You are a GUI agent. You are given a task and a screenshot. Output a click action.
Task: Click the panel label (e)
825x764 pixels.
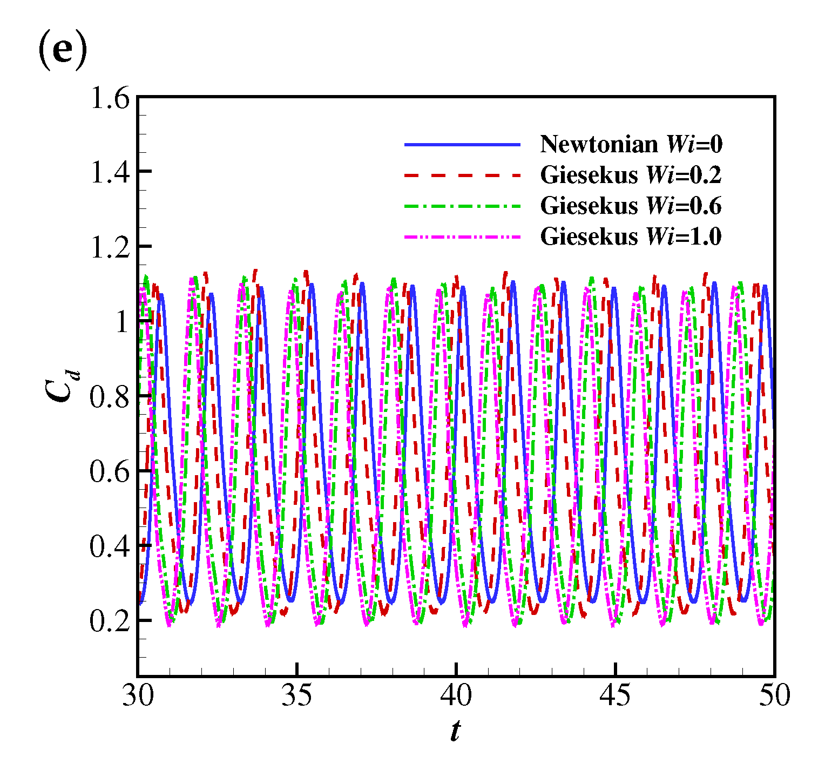tap(62, 53)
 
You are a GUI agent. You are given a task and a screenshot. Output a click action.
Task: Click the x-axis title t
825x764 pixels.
tap(455, 732)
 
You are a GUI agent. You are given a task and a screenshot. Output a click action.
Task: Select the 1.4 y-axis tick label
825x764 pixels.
tap(110, 173)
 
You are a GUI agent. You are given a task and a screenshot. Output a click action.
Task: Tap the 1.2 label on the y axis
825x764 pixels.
tap(110, 248)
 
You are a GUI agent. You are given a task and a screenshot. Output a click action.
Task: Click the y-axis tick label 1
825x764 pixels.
tap(123, 322)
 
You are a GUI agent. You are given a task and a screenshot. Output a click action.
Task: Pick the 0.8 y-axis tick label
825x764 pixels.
tap(110, 397)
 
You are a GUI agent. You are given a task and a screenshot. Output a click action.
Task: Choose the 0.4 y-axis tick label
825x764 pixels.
tap(110, 547)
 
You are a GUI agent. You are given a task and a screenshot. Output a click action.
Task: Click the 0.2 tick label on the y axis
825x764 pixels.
tap(110, 621)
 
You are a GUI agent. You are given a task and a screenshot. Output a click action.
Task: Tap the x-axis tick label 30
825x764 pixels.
tap(138, 695)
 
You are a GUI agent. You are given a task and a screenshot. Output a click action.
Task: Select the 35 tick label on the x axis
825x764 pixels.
tap(297, 695)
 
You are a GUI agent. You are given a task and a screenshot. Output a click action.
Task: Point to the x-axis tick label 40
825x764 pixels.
tap(456, 695)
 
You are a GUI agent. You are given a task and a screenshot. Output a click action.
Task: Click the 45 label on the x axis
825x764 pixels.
tap(616, 695)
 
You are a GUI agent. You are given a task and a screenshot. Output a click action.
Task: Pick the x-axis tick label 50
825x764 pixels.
tap(774, 695)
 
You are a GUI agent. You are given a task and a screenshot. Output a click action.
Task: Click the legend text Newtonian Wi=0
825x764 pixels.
tap(631, 144)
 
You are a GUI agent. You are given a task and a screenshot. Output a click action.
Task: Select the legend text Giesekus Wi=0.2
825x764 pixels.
tap(631, 175)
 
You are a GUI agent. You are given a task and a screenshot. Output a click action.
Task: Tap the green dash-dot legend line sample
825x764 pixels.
tap(462, 206)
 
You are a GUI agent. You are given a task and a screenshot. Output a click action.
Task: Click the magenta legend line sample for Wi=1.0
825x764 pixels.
tap(462, 236)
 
